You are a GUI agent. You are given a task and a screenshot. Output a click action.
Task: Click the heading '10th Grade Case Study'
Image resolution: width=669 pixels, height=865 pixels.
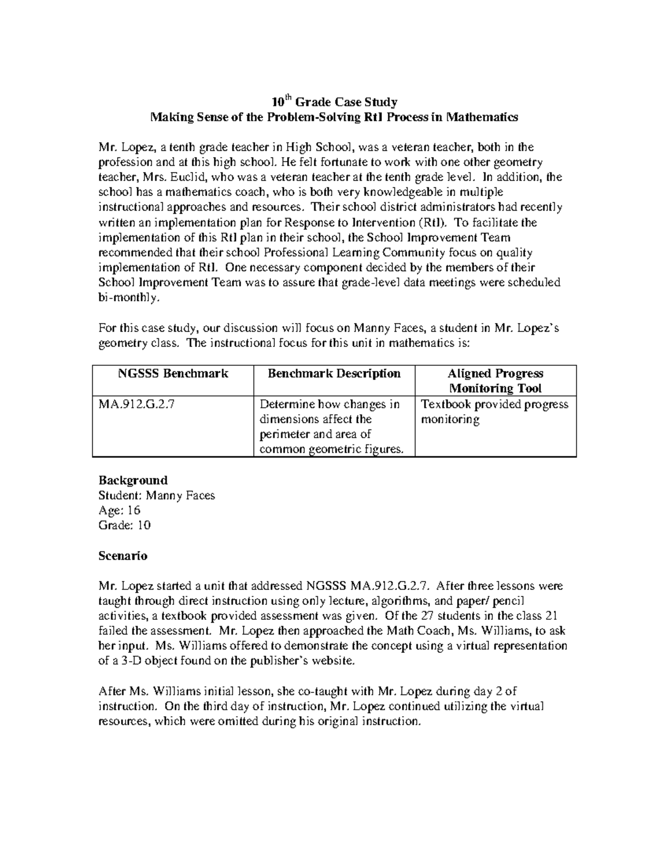pos(334,102)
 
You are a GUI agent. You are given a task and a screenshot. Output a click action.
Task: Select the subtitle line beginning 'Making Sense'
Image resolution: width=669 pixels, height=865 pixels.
pos(334,117)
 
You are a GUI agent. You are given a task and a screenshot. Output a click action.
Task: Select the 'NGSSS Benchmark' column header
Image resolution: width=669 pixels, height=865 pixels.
pos(173,374)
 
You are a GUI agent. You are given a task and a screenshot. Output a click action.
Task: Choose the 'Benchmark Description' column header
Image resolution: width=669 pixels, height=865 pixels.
pos(334,374)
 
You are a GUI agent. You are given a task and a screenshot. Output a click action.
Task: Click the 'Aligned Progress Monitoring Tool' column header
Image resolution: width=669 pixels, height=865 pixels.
pos(495,381)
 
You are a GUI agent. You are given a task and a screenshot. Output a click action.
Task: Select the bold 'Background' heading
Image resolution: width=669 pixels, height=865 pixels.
pos(133,480)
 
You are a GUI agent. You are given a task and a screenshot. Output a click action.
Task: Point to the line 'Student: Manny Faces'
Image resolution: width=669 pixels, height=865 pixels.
pos(157,495)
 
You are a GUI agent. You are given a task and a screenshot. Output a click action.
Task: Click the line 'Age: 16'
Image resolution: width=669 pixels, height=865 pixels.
pos(119,510)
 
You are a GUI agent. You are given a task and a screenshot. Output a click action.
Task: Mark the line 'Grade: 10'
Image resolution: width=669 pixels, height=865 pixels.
pos(124,525)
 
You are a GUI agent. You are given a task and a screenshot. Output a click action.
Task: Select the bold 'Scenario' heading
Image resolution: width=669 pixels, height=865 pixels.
pos(123,555)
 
